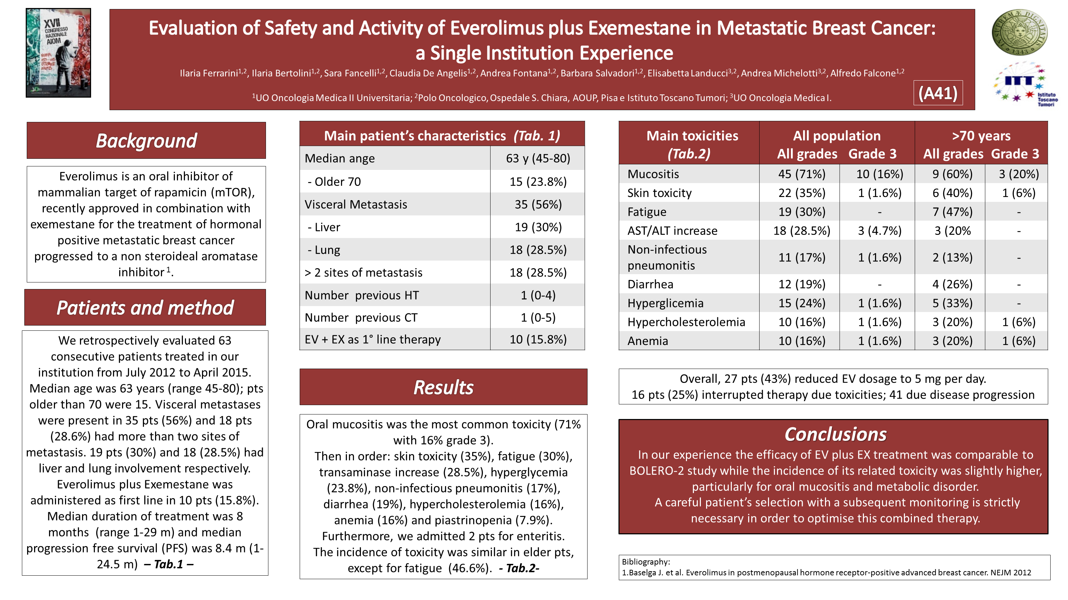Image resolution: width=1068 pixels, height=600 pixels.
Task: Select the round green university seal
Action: click(x=1019, y=32)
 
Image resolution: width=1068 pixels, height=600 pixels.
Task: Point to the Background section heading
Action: click(x=146, y=140)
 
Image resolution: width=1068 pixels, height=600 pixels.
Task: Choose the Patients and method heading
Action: click(x=145, y=307)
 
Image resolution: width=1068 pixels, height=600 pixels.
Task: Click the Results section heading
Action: click(x=443, y=387)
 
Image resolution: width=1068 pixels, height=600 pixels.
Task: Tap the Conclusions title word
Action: click(x=835, y=434)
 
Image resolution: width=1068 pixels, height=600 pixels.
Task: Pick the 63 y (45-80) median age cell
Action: click(x=538, y=158)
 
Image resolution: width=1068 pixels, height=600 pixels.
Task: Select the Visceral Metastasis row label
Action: click(x=356, y=204)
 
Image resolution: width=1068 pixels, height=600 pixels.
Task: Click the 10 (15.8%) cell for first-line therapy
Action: click(x=538, y=339)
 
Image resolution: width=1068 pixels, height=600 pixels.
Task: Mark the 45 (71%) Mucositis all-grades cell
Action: click(x=801, y=174)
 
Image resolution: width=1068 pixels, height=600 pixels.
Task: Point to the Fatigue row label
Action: click(x=647, y=212)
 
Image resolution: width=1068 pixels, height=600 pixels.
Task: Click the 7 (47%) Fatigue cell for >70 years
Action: click(x=952, y=212)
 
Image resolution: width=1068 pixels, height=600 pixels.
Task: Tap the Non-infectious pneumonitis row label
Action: click(x=667, y=257)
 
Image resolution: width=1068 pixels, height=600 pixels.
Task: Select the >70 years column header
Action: click(x=981, y=136)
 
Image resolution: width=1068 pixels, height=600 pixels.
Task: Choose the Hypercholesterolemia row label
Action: click(x=686, y=322)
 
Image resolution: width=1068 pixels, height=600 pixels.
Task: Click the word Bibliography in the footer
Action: click(x=645, y=562)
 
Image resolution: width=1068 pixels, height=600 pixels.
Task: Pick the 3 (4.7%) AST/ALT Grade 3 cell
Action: click(x=879, y=231)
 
